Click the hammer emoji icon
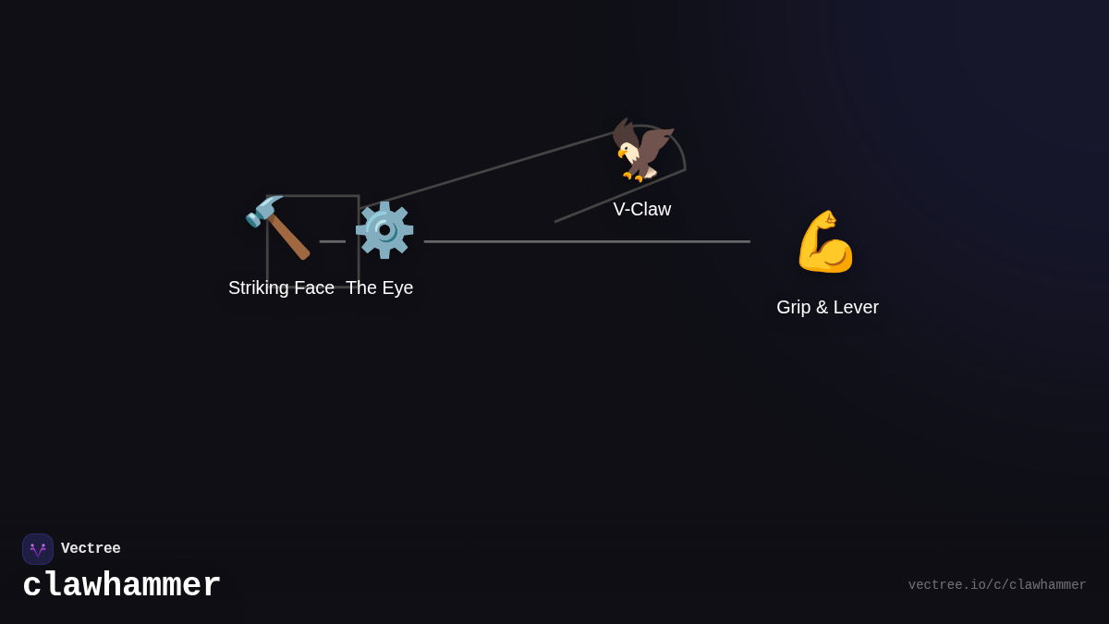[278, 227]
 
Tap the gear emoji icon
[384, 229]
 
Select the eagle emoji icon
[642, 149]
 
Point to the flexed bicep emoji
[825, 241]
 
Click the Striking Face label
[281, 288]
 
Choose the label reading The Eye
[379, 288]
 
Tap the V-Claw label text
[641, 209]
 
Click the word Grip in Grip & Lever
[795, 307]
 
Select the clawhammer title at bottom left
[122, 585]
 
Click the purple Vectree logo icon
[38, 549]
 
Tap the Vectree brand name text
[91, 549]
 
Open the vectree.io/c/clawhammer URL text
[996, 585]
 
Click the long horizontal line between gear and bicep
[587, 241]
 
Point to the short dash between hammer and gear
[332, 241]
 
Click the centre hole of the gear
[384, 229]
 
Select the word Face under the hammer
[314, 288]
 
